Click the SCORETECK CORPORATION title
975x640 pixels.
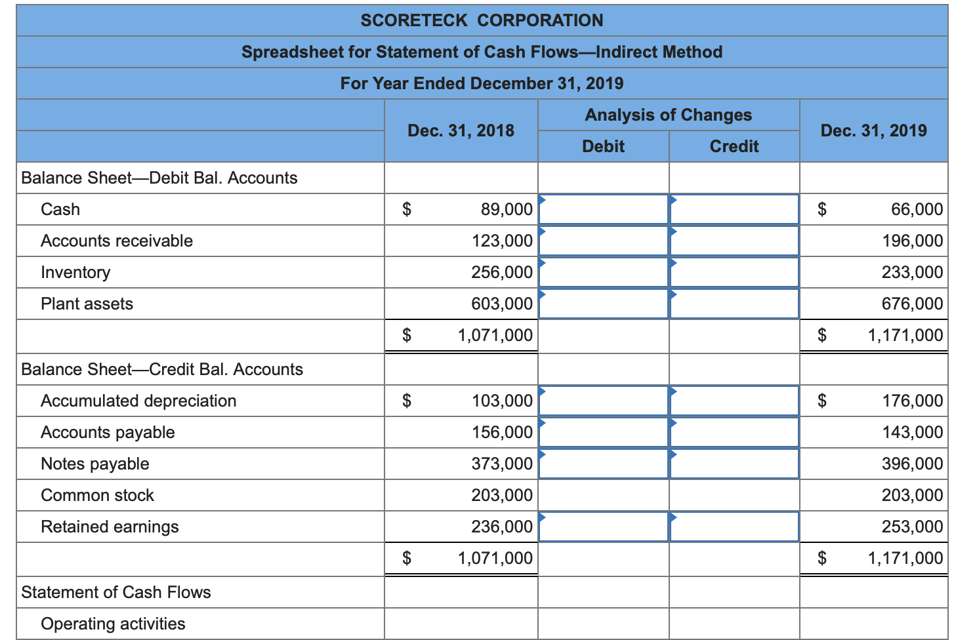point(482,20)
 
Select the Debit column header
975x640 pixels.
point(603,146)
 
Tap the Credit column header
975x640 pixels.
point(734,146)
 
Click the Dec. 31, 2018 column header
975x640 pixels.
point(461,130)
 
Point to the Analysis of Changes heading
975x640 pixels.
point(668,115)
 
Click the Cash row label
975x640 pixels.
point(60,209)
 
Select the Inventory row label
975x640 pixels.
point(75,272)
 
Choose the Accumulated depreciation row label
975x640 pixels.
point(138,401)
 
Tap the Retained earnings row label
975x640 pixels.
point(110,527)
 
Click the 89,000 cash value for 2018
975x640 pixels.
point(507,209)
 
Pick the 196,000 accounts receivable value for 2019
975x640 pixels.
point(912,241)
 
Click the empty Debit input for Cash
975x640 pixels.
point(603,209)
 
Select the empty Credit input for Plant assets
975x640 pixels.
point(734,304)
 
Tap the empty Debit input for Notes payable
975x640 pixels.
point(603,464)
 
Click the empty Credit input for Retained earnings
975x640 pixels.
point(734,527)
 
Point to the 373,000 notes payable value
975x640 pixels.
point(502,464)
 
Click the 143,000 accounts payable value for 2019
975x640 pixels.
point(912,432)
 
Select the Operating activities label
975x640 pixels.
point(113,624)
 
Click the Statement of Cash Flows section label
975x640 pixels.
point(116,592)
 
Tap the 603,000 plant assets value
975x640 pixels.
point(502,304)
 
